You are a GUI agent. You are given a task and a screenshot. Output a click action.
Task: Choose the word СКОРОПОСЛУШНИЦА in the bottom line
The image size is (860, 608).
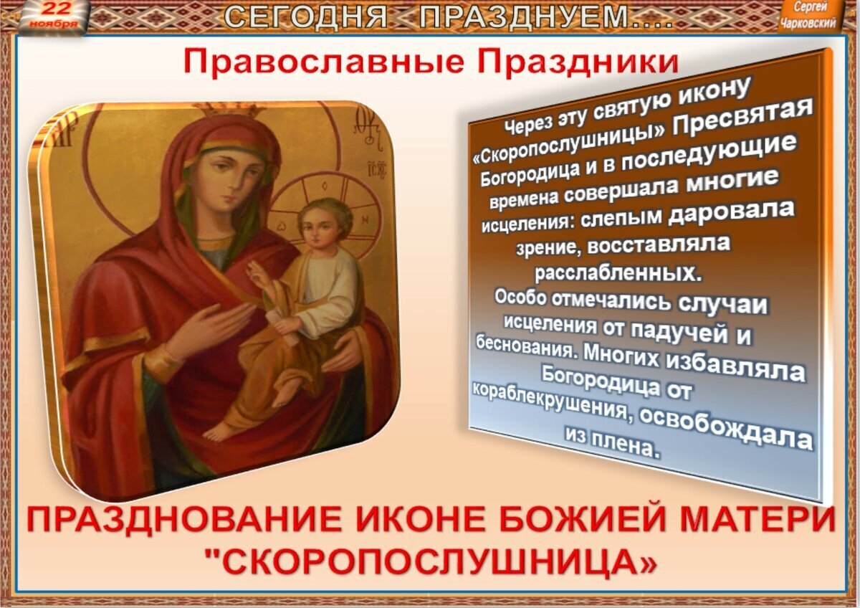pos(430,562)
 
